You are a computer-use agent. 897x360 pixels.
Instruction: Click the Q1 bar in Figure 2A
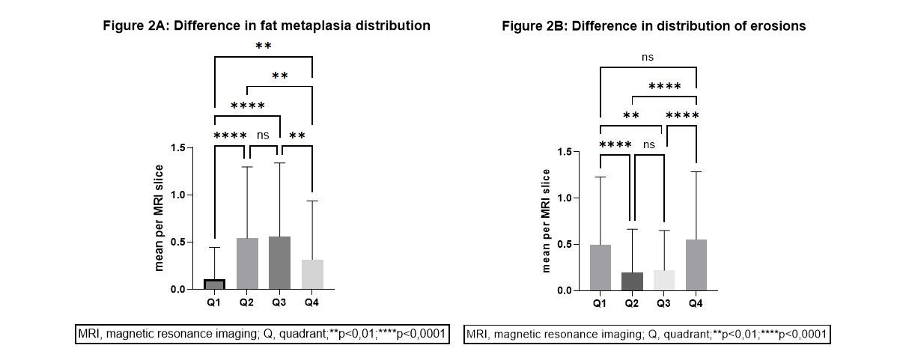tap(215, 284)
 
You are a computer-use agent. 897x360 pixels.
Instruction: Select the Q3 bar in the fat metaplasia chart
tap(279, 263)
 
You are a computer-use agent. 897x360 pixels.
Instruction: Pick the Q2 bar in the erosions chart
tap(632, 281)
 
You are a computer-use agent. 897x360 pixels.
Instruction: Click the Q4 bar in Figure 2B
tap(696, 265)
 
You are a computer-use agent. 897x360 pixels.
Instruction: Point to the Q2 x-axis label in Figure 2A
tap(247, 302)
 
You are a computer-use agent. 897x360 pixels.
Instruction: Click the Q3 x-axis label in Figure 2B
tap(663, 303)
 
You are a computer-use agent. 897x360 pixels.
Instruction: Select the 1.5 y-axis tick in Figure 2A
tap(177, 147)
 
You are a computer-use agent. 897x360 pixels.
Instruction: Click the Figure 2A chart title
tap(267, 25)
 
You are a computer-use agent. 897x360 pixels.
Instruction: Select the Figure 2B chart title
tap(654, 25)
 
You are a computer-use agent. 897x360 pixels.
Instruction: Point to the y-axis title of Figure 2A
tap(160, 217)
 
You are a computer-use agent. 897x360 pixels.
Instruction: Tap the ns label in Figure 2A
tap(263, 135)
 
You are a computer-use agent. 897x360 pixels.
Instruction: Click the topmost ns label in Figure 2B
tap(648, 56)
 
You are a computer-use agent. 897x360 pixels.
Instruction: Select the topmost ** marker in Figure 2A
tap(263, 46)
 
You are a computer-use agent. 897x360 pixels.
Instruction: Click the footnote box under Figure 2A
tap(262, 335)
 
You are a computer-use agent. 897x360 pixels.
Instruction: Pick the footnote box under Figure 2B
tap(648, 335)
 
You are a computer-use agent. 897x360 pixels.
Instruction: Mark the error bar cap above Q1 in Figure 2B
tap(600, 177)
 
